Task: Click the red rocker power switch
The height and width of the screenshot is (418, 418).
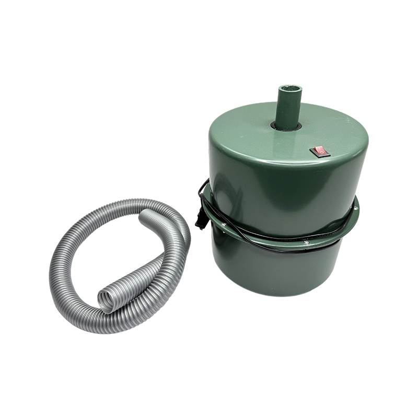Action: pyautogui.click(x=319, y=152)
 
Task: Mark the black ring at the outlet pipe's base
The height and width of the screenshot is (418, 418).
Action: pyautogui.click(x=286, y=126)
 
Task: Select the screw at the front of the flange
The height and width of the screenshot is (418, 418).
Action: pyautogui.click(x=307, y=242)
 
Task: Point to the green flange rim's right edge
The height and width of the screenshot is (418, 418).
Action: pyautogui.click(x=357, y=209)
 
